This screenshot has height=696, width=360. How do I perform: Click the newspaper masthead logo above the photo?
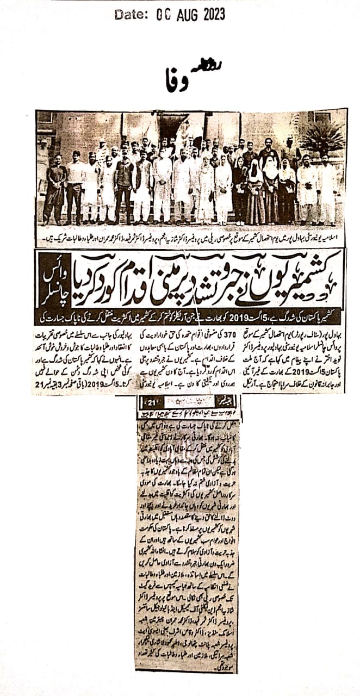(176, 79)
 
